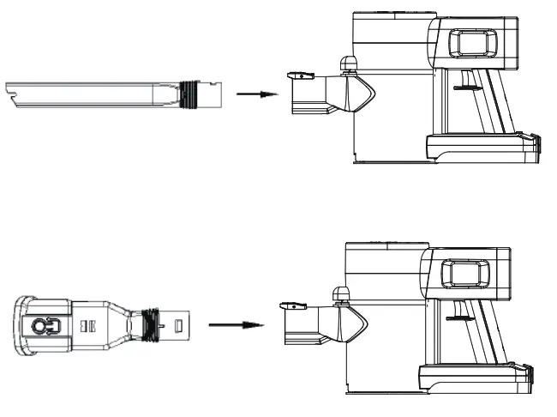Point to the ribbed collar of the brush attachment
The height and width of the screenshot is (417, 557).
pyautogui.click(x=153, y=325)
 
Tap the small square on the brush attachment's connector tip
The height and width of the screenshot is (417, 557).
pyautogui.click(x=179, y=326)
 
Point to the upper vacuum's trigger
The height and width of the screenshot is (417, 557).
pyautogui.click(x=462, y=87)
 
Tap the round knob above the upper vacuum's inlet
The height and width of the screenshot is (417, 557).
pyautogui.click(x=349, y=63)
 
